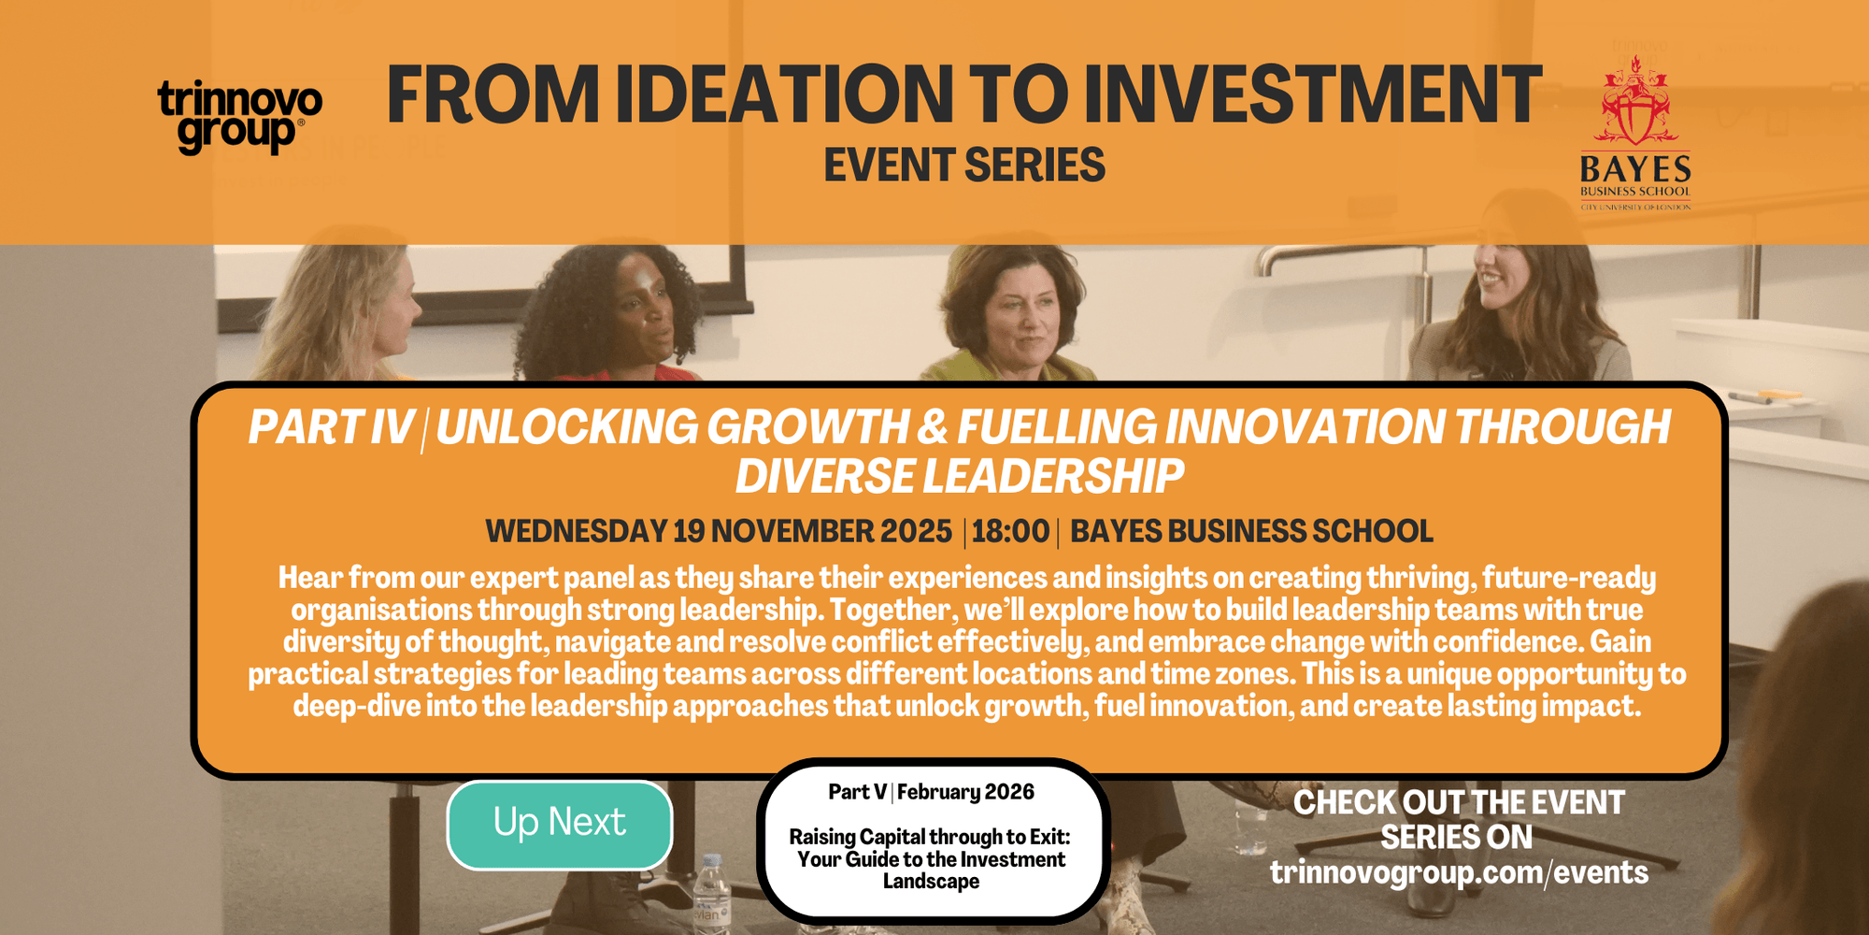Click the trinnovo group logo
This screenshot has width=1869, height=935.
(240, 117)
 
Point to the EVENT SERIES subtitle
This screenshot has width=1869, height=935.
(964, 165)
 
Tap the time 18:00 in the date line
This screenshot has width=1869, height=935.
(1010, 531)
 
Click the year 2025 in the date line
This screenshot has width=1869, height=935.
(916, 531)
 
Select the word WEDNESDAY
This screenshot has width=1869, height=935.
(576, 531)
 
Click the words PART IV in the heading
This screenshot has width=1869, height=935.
(331, 427)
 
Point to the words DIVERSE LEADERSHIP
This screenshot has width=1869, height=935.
(960, 476)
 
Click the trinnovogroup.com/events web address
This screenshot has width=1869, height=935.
(1459, 872)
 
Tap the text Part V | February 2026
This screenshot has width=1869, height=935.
(931, 792)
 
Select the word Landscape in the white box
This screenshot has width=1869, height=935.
(931, 882)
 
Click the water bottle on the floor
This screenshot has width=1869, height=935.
(711, 893)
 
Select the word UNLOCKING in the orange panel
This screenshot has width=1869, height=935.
(567, 427)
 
